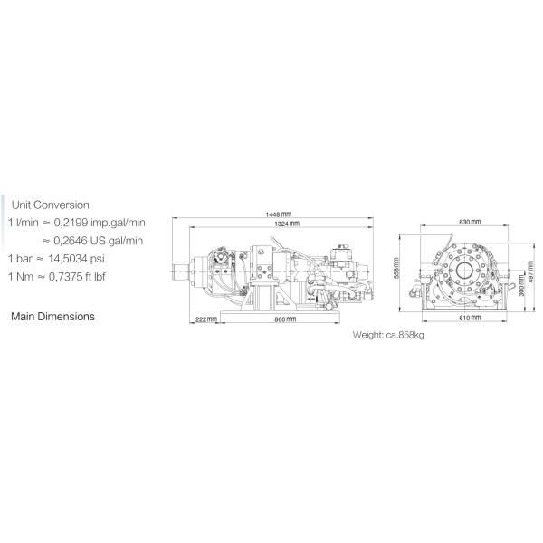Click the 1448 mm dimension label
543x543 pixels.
coord(279,214)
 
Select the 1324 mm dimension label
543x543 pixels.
coord(287,224)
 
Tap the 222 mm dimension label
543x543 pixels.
coord(206,319)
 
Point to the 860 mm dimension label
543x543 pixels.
coord(285,319)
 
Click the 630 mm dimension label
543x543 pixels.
coord(470,222)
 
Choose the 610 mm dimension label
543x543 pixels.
coord(470,318)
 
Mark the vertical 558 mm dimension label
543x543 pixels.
coord(397,268)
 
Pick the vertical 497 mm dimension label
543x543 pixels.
coord(530,271)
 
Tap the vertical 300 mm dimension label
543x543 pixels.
coord(522,285)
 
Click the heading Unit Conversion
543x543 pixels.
coord(51,205)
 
